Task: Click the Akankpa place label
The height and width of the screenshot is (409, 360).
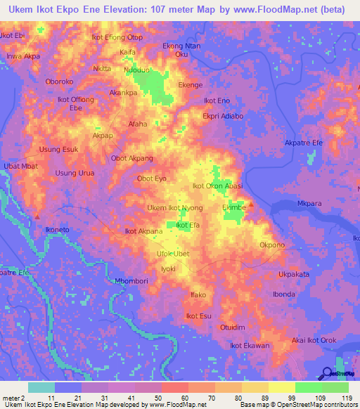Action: tap(123, 92)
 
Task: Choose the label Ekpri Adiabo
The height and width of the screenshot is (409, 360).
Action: tap(222, 116)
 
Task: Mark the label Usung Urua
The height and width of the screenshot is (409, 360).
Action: tap(75, 173)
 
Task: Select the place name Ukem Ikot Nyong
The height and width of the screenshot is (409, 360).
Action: tap(175, 208)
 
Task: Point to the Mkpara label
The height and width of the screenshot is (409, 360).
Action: tap(309, 204)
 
